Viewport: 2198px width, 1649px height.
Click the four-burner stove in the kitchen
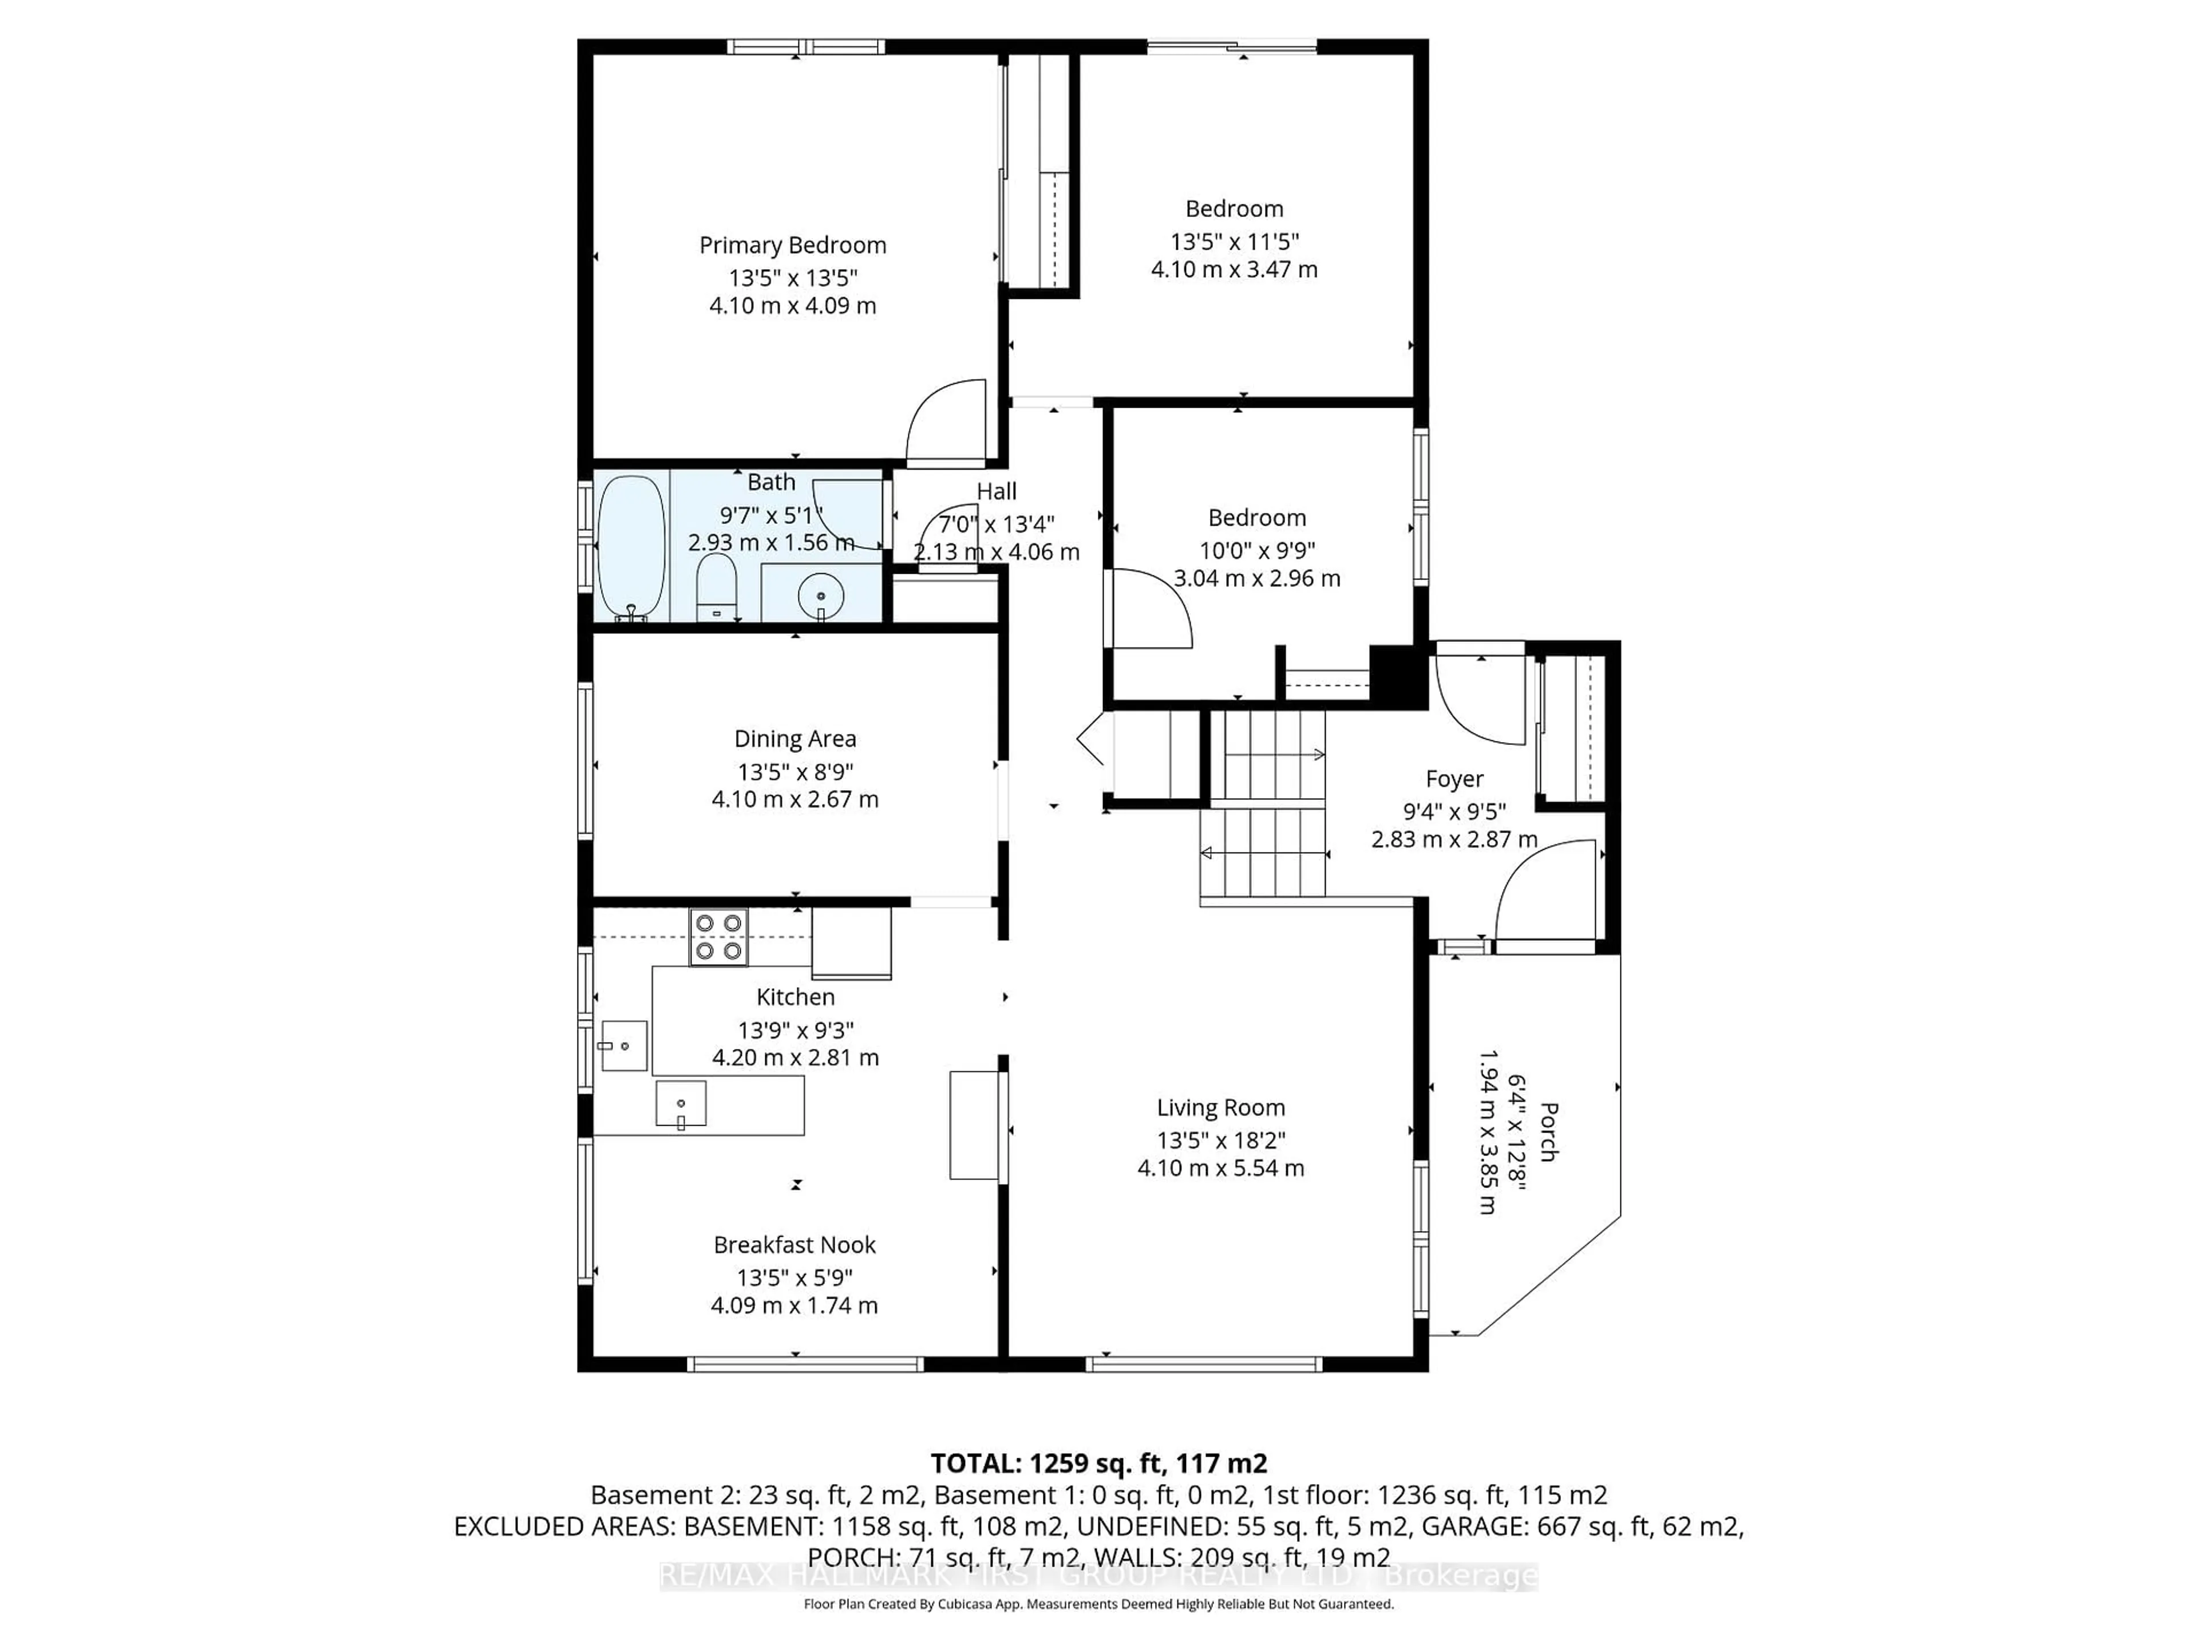click(x=718, y=936)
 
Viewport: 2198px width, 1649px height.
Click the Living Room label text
click(x=1220, y=1107)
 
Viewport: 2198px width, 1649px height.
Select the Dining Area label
click(x=795, y=739)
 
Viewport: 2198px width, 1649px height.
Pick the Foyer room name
click(x=1454, y=778)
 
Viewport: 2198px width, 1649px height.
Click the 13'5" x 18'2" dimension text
click(x=1220, y=1140)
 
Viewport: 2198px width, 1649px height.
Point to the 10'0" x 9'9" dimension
click(x=1257, y=550)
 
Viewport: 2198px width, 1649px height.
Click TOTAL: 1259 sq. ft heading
click(x=1098, y=1463)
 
